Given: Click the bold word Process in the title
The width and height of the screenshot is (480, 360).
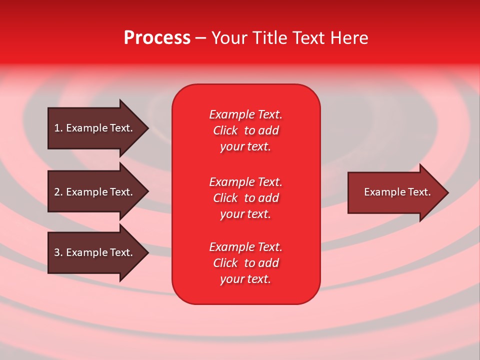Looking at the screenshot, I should pyautogui.click(x=157, y=38).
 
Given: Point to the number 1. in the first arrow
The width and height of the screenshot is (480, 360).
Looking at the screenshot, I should pyautogui.click(x=58, y=128).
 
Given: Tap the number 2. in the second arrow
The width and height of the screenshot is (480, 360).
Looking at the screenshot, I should pyautogui.click(x=58, y=192).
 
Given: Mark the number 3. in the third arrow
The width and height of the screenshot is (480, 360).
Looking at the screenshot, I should pyautogui.click(x=58, y=252).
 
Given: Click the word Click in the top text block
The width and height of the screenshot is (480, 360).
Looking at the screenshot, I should pyautogui.click(x=225, y=130).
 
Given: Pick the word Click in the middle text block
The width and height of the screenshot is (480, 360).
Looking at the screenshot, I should pyautogui.click(x=225, y=198).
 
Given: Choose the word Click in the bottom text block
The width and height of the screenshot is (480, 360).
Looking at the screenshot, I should pyautogui.click(x=225, y=263).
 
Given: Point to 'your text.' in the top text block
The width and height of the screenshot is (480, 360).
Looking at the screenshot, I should pyautogui.click(x=245, y=146).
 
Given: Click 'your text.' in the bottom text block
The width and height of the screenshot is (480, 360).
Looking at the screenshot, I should pyautogui.click(x=245, y=279).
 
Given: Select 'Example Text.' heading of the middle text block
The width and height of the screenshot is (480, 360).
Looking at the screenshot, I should pyautogui.click(x=245, y=182).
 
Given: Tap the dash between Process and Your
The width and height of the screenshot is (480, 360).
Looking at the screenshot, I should pyautogui.click(x=201, y=38).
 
